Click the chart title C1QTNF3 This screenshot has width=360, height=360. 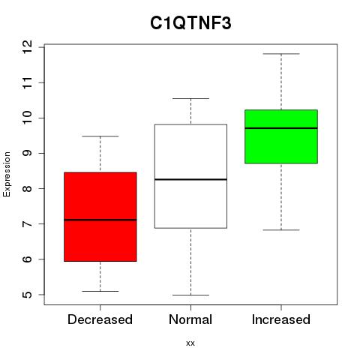pyautogui.click(x=190, y=23)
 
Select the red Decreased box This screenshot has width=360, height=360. pyautogui.click(x=100, y=217)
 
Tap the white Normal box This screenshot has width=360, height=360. pyautogui.click(x=190, y=176)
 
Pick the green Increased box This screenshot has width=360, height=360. pyautogui.click(x=281, y=136)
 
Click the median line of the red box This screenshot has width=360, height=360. pyautogui.click(x=100, y=220)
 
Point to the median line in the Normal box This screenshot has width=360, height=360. pyautogui.click(x=190, y=179)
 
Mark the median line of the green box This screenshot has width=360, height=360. pyautogui.click(x=281, y=128)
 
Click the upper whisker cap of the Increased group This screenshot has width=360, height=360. pyautogui.click(x=281, y=54)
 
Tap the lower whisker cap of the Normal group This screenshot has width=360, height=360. pyautogui.click(x=190, y=295)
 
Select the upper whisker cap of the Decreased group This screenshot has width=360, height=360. pyautogui.click(x=100, y=136)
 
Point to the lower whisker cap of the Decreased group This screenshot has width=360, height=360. pyautogui.click(x=100, y=291)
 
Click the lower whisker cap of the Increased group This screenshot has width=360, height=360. pyautogui.click(x=281, y=229)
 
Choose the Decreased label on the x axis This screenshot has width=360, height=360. pyautogui.click(x=100, y=319)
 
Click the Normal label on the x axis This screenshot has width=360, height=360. pyautogui.click(x=190, y=319)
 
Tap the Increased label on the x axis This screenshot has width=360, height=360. pyautogui.click(x=281, y=319)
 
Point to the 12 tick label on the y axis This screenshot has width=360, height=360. pyautogui.click(x=27, y=47)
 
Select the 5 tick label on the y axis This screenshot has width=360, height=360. pyautogui.click(x=27, y=295)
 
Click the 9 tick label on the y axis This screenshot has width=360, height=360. pyautogui.click(x=27, y=153)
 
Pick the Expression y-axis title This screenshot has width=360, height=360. pyautogui.click(x=7, y=174)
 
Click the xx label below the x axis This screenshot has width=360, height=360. pyautogui.click(x=190, y=343)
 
